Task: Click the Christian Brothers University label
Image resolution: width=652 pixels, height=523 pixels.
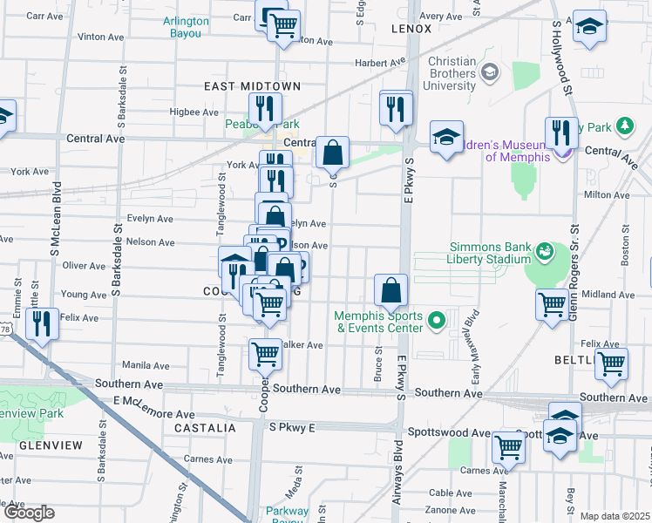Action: [452, 73]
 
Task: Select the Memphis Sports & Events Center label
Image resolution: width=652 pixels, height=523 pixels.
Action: [379, 322]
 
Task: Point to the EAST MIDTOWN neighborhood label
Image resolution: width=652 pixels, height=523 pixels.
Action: [253, 86]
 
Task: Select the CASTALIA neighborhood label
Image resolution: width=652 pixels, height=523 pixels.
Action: [206, 428]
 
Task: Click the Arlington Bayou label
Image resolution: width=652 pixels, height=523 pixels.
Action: [186, 27]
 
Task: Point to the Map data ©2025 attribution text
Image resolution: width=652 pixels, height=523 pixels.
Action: [615, 516]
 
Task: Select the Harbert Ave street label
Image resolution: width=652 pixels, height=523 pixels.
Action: [381, 63]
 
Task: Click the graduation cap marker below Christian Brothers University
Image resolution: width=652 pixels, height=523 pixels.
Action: [446, 137]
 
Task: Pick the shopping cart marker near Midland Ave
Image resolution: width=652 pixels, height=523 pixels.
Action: [553, 306]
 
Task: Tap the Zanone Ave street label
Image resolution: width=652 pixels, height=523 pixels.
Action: [452, 509]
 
